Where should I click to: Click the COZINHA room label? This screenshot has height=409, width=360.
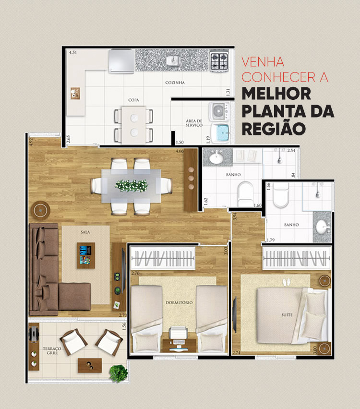click(x=175, y=83)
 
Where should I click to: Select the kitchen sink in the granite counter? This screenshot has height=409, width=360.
click(x=172, y=60)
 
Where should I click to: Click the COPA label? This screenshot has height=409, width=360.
click(x=133, y=100)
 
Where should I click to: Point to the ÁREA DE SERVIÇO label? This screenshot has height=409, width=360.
click(x=194, y=122)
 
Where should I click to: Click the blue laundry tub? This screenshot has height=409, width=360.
click(x=221, y=132)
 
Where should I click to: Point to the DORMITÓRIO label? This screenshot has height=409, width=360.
click(x=179, y=302)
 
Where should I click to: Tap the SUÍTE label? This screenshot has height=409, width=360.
click(x=288, y=315)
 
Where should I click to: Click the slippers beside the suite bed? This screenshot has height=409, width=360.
click(x=287, y=282)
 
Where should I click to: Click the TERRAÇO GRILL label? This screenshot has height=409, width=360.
click(x=49, y=351)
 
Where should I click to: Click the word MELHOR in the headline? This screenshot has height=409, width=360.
click(x=276, y=94)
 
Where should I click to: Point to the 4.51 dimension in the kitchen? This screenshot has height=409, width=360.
click(x=73, y=52)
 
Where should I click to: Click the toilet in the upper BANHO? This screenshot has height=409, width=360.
click(x=245, y=192)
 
